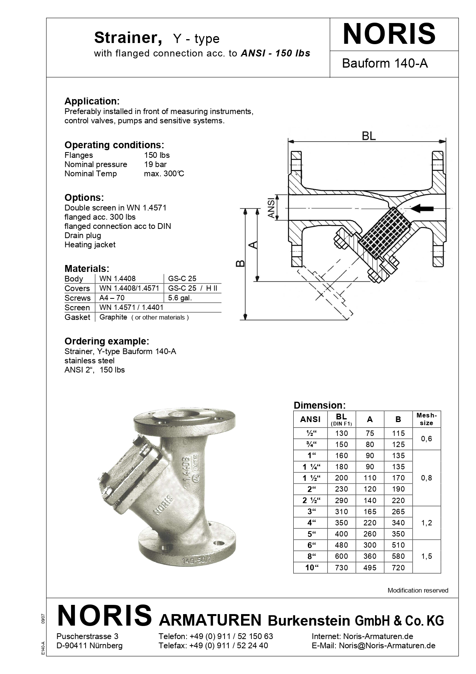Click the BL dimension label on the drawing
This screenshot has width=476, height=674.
click(369, 136)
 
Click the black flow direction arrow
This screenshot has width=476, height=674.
click(422, 209)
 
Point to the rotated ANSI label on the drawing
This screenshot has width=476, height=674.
click(272, 208)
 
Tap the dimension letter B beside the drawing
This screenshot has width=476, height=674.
click(240, 263)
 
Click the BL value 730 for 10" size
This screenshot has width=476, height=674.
click(341, 568)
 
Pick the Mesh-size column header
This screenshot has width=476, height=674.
click(426, 419)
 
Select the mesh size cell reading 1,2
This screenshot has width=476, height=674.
click(426, 523)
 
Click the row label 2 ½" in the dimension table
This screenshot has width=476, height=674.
click(311, 500)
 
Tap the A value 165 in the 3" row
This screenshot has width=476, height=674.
click(370, 512)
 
